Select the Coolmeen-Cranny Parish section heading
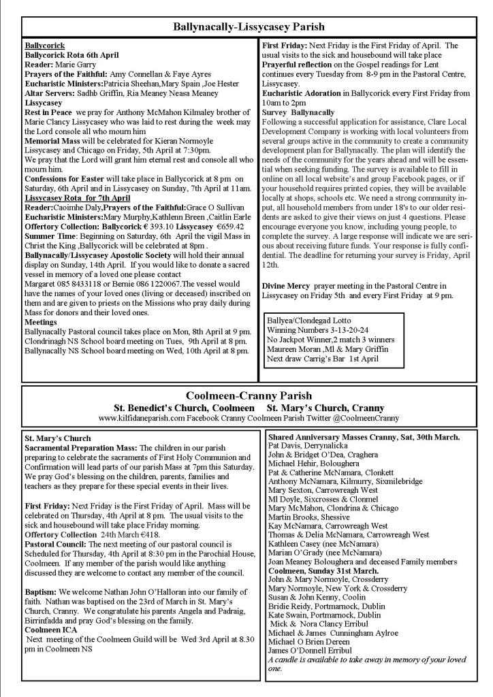click(x=249, y=395)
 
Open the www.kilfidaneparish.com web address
click(x=140, y=418)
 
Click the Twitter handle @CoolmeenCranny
click(x=372, y=418)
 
